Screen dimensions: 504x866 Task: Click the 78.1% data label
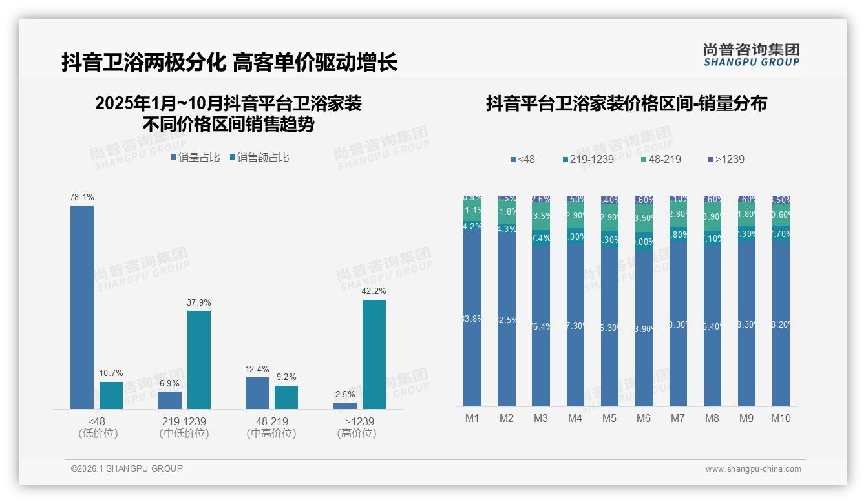(x=82, y=197)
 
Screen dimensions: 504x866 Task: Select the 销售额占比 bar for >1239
(x=374, y=354)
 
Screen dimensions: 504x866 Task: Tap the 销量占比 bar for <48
(x=82, y=308)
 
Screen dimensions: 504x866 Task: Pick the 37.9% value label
(x=199, y=302)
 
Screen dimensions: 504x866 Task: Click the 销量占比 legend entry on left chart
(x=195, y=158)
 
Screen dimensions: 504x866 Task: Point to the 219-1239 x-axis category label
(x=184, y=421)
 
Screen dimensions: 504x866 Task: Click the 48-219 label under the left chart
(x=271, y=421)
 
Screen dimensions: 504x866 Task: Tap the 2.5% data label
(x=345, y=394)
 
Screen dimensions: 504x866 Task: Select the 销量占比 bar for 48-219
(x=257, y=393)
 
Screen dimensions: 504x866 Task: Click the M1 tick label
(x=472, y=418)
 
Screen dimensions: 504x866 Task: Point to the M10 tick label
(x=781, y=418)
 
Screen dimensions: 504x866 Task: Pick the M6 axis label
(x=644, y=418)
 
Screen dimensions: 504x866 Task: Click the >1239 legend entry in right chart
(x=726, y=159)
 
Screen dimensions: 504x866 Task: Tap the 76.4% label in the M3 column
(x=541, y=326)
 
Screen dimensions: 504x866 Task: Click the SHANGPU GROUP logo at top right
(x=752, y=55)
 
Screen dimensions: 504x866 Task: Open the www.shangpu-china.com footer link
(x=753, y=469)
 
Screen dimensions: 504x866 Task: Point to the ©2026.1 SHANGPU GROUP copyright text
(x=127, y=468)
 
